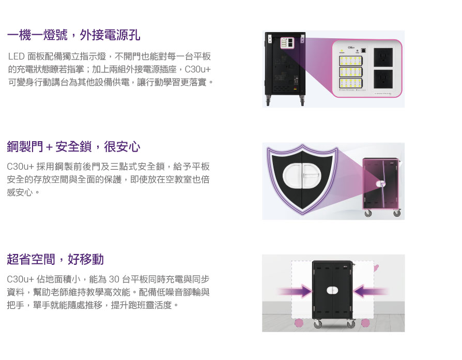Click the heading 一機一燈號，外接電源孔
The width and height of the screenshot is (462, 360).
pos(73,35)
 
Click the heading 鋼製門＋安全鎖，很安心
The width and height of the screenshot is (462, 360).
pos(73,147)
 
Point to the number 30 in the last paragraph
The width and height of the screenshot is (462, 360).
pos(114,280)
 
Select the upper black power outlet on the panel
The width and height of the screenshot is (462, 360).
pos(383,56)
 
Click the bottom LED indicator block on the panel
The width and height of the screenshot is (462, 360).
pos(350,83)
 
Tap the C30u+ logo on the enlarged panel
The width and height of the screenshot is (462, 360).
pos(351,47)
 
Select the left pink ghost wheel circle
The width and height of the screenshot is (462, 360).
pos(299,323)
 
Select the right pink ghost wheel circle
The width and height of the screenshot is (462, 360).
pos(366,323)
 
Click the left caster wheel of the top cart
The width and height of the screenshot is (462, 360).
pos(269,101)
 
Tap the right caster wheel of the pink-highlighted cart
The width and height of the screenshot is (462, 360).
pos(396,213)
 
